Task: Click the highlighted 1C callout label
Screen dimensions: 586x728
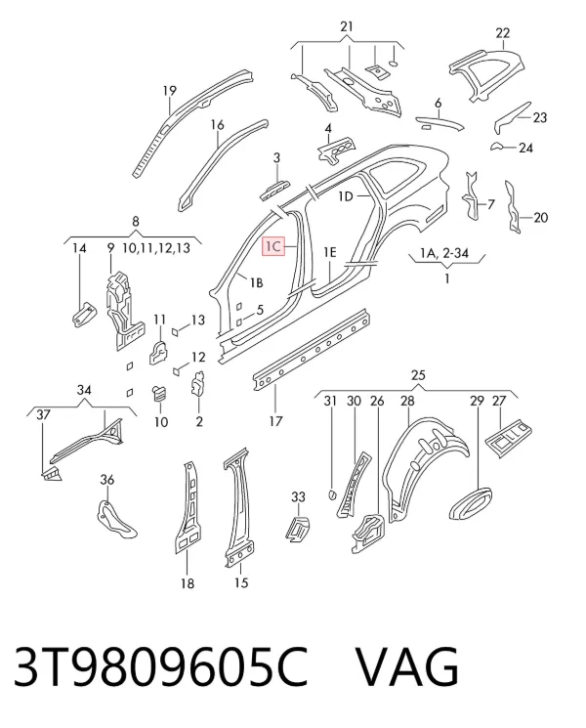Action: point(273,246)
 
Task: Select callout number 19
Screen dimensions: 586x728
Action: point(170,91)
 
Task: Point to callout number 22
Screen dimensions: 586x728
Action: point(502,33)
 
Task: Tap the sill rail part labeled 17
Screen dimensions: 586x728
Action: point(311,349)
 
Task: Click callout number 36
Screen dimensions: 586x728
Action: point(107,479)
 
